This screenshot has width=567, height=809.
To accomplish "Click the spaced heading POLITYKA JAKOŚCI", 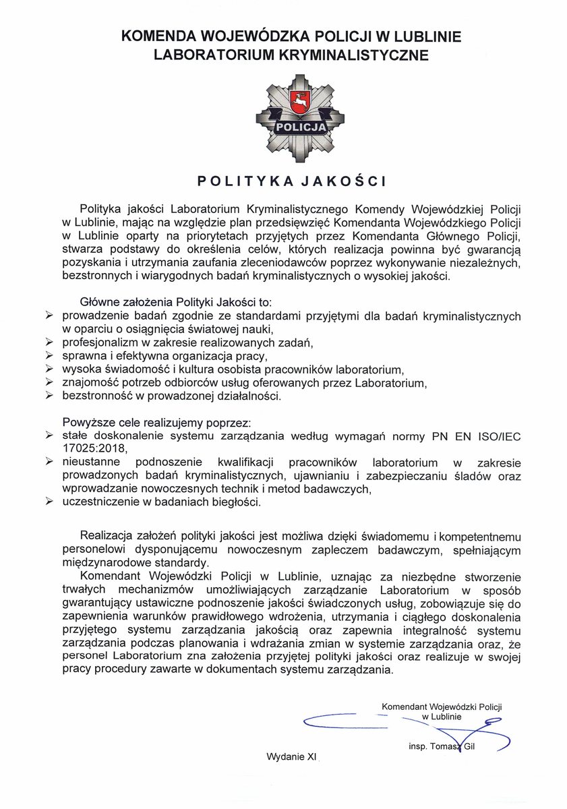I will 291,181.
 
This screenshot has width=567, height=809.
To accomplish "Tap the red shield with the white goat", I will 299,103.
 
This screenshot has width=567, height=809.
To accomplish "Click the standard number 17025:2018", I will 94,448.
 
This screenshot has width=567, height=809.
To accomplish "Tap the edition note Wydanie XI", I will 291,756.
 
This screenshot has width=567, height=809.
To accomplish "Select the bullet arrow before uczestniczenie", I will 49,502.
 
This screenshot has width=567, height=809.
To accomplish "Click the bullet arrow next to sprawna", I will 49,356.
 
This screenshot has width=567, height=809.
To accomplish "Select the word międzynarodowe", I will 102,562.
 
